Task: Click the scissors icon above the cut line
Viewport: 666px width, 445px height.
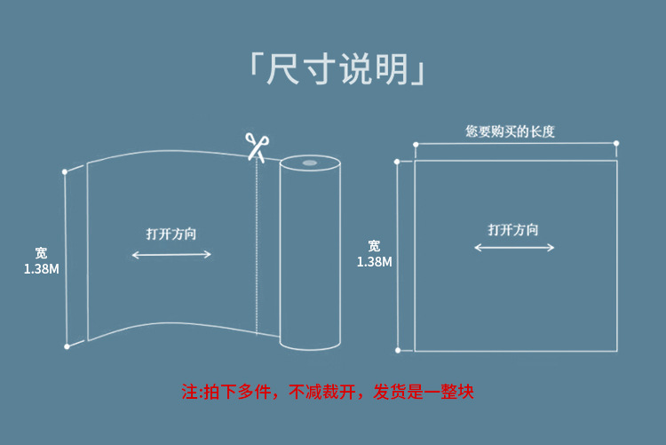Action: pos(257,147)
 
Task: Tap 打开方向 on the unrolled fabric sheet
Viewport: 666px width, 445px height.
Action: pos(171,234)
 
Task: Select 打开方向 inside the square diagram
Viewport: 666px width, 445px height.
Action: pos(513,229)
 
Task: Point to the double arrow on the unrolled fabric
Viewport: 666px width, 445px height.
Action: pos(171,255)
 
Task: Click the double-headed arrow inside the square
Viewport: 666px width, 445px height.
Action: pos(514,248)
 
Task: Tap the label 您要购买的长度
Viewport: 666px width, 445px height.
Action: pos(510,131)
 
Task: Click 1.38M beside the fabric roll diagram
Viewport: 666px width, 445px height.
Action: pos(41,268)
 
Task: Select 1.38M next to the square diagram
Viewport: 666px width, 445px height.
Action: pos(374,262)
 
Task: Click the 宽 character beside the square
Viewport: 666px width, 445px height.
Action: pos(374,246)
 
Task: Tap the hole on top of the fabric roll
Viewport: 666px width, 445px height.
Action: pos(308,163)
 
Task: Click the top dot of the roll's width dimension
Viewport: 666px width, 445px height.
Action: pos(65,171)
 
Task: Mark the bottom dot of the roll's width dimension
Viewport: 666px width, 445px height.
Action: pos(65,346)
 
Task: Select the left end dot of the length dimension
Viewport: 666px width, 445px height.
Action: pos(415,143)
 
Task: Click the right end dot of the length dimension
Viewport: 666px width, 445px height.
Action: pos(616,143)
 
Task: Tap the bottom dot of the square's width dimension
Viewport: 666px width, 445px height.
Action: pos(398,351)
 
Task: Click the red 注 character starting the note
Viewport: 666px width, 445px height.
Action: pos(188,392)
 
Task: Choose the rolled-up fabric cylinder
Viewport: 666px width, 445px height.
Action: pos(309,253)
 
